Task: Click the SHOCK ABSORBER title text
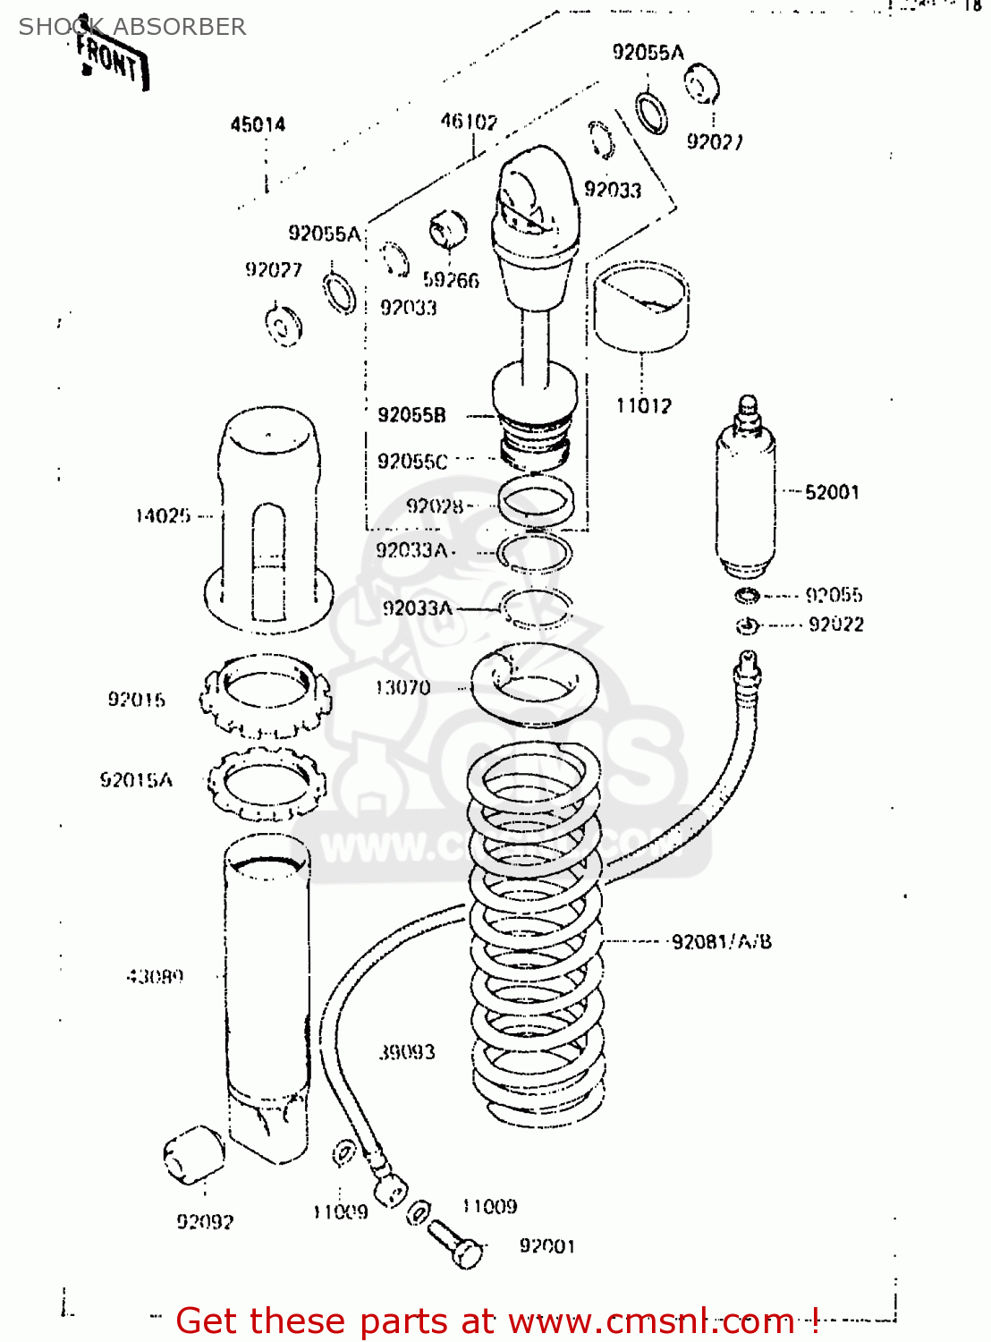click(x=132, y=27)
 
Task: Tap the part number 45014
click(x=258, y=124)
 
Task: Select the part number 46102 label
click(x=469, y=121)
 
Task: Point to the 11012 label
click(x=643, y=405)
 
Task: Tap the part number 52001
click(x=832, y=492)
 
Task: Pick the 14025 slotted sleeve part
click(x=268, y=519)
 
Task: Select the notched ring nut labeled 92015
click(x=266, y=696)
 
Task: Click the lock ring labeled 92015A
click(x=267, y=784)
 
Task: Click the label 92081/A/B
click(x=721, y=941)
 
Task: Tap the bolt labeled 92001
click(x=458, y=1244)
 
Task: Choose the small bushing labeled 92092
click(x=193, y=1156)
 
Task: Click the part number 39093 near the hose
click(x=407, y=1052)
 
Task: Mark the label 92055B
click(x=411, y=414)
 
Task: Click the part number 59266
click(x=451, y=280)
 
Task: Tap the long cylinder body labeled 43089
click(x=267, y=993)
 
